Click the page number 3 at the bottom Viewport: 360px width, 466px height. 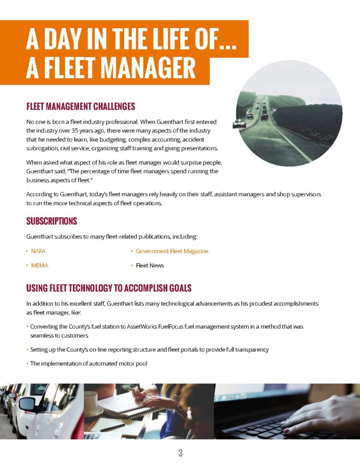coord(180,453)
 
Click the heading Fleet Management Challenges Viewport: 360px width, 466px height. coord(81,107)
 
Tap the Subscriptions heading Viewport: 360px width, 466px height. coord(51,222)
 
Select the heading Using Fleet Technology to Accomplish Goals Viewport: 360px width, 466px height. coord(108,288)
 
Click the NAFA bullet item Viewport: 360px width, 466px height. coord(38,251)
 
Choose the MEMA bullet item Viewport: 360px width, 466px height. coord(40,265)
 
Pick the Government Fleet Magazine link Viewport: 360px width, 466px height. coord(172,251)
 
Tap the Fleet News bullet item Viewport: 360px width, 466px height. coord(150,265)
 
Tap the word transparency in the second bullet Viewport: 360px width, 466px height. coord(250,349)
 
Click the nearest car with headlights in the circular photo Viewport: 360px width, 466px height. coord(239,124)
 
